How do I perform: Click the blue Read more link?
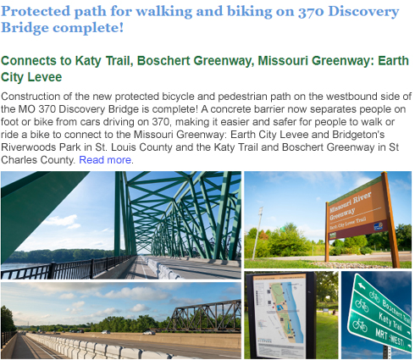(105, 160)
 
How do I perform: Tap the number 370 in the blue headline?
(311, 12)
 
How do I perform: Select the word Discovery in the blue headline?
(363, 13)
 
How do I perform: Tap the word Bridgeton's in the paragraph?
(358, 135)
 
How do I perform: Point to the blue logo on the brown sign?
(378, 226)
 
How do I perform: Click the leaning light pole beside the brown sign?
(257, 233)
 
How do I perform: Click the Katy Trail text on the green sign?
(390, 322)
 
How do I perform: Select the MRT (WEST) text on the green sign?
(390, 338)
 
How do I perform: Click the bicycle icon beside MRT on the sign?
(358, 324)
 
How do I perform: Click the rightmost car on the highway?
(149, 332)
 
